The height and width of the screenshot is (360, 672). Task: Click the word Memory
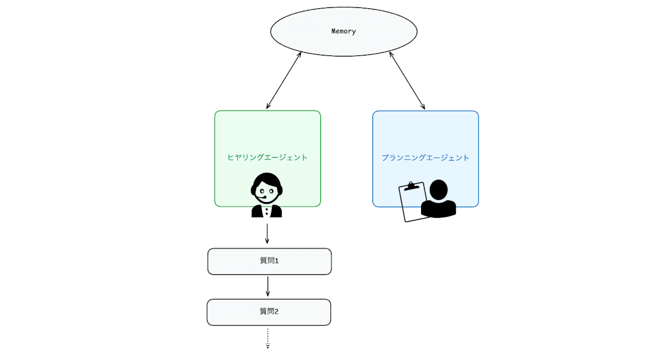pos(344,31)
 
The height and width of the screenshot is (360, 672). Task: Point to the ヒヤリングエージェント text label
pos(268,157)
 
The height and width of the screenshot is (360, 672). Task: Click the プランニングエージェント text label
pos(426,158)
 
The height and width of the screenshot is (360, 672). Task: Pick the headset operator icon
pos(267,195)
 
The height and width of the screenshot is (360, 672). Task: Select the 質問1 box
pos(269,261)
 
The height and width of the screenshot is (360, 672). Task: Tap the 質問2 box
pos(269,312)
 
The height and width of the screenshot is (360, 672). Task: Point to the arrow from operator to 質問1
pos(267,233)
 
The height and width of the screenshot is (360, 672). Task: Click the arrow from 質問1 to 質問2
pos(268,286)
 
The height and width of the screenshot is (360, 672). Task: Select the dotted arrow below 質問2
pos(268,338)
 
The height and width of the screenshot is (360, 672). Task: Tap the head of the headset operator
pos(267,186)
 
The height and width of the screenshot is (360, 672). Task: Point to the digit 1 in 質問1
pos(277,261)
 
